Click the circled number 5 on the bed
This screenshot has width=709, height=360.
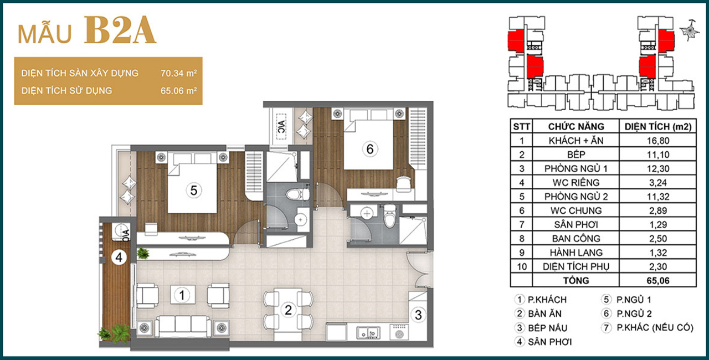pos(194,191)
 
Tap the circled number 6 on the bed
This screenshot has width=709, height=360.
pos(369,148)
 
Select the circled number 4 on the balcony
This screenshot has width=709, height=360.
pos(119,258)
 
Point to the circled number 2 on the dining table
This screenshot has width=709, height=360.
pos(288,310)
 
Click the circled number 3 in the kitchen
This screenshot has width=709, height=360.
pos(418,315)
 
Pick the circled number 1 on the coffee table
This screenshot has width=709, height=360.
pos(182,295)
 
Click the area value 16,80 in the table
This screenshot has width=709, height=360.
pos(658,141)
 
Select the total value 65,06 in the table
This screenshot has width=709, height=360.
pos(658,281)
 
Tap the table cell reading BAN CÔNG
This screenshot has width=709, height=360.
pos(576,239)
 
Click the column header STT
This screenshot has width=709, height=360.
pos(521,126)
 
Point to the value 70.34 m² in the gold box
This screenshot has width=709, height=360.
pos(179,73)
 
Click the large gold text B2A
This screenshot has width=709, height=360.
pos(120,30)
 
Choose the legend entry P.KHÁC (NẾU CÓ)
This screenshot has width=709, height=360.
pos(655,328)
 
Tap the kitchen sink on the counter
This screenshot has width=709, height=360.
pos(368,333)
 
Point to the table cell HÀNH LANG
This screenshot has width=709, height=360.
pos(576,253)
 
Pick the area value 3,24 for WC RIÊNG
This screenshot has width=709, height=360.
pos(658,183)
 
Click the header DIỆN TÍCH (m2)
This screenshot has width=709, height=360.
pos(658,126)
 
